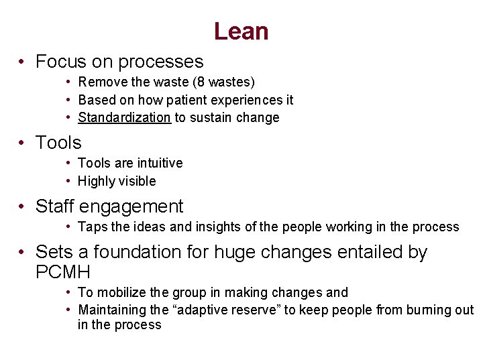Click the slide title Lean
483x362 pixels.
point(241,32)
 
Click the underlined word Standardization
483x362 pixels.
point(125,117)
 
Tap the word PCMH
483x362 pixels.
point(62,272)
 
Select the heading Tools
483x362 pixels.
point(58,142)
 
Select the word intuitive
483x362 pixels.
point(160,163)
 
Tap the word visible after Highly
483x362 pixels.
point(136,181)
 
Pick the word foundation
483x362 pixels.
point(151,252)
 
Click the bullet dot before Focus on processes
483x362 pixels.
point(22,62)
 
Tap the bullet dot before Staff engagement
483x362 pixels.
point(22,206)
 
